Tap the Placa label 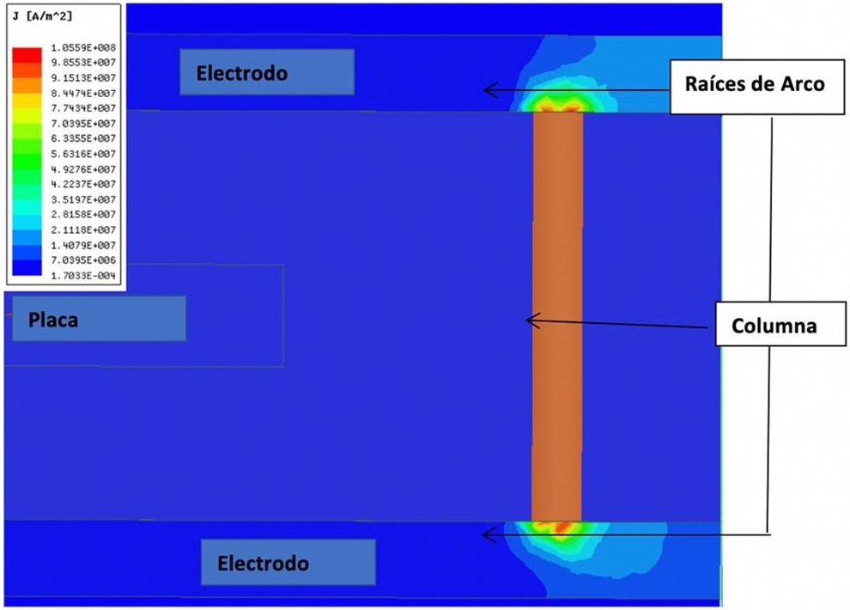coord(99,319)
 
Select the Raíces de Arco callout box coord(754,84)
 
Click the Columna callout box coord(774,326)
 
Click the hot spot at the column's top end coord(557,103)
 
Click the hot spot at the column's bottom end coord(557,527)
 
